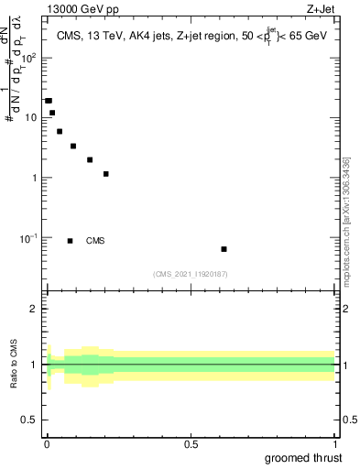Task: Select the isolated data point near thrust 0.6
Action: [224, 249]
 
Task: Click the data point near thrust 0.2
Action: [106, 174]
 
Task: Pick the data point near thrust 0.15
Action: [90, 159]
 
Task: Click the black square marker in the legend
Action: [70, 241]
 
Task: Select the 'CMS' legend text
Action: [94, 241]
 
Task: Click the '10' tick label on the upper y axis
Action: [30, 117]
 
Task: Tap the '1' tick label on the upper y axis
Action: [35, 178]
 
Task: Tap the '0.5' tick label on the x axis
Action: [191, 445]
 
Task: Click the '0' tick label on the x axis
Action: [47, 445]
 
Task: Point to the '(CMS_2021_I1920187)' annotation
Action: [190, 274]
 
